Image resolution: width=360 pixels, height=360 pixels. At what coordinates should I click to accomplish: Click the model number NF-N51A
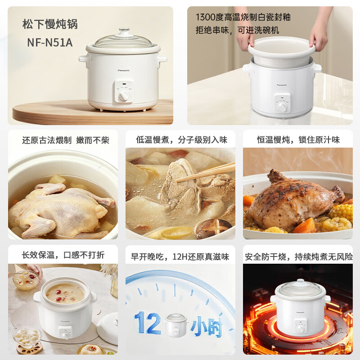[50, 42]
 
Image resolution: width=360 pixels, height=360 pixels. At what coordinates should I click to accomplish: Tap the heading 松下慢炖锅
[50, 24]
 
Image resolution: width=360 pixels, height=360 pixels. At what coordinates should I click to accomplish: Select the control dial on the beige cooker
[124, 95]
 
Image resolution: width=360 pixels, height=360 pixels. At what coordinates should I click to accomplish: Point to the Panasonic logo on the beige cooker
[123, 71]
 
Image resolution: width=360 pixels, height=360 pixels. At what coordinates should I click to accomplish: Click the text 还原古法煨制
[47, 140]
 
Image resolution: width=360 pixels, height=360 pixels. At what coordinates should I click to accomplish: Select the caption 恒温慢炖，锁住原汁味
[298, 140]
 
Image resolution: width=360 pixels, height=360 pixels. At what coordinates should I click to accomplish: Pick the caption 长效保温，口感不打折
[63, 255]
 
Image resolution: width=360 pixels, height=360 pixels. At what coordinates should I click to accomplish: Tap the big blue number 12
[148, 323]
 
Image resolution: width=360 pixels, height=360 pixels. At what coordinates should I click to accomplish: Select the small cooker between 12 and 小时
[176, 325]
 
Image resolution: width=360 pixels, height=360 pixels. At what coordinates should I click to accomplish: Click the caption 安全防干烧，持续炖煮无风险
[299, 256]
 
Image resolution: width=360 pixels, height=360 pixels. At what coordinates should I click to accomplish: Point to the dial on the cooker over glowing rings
[300, 329]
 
